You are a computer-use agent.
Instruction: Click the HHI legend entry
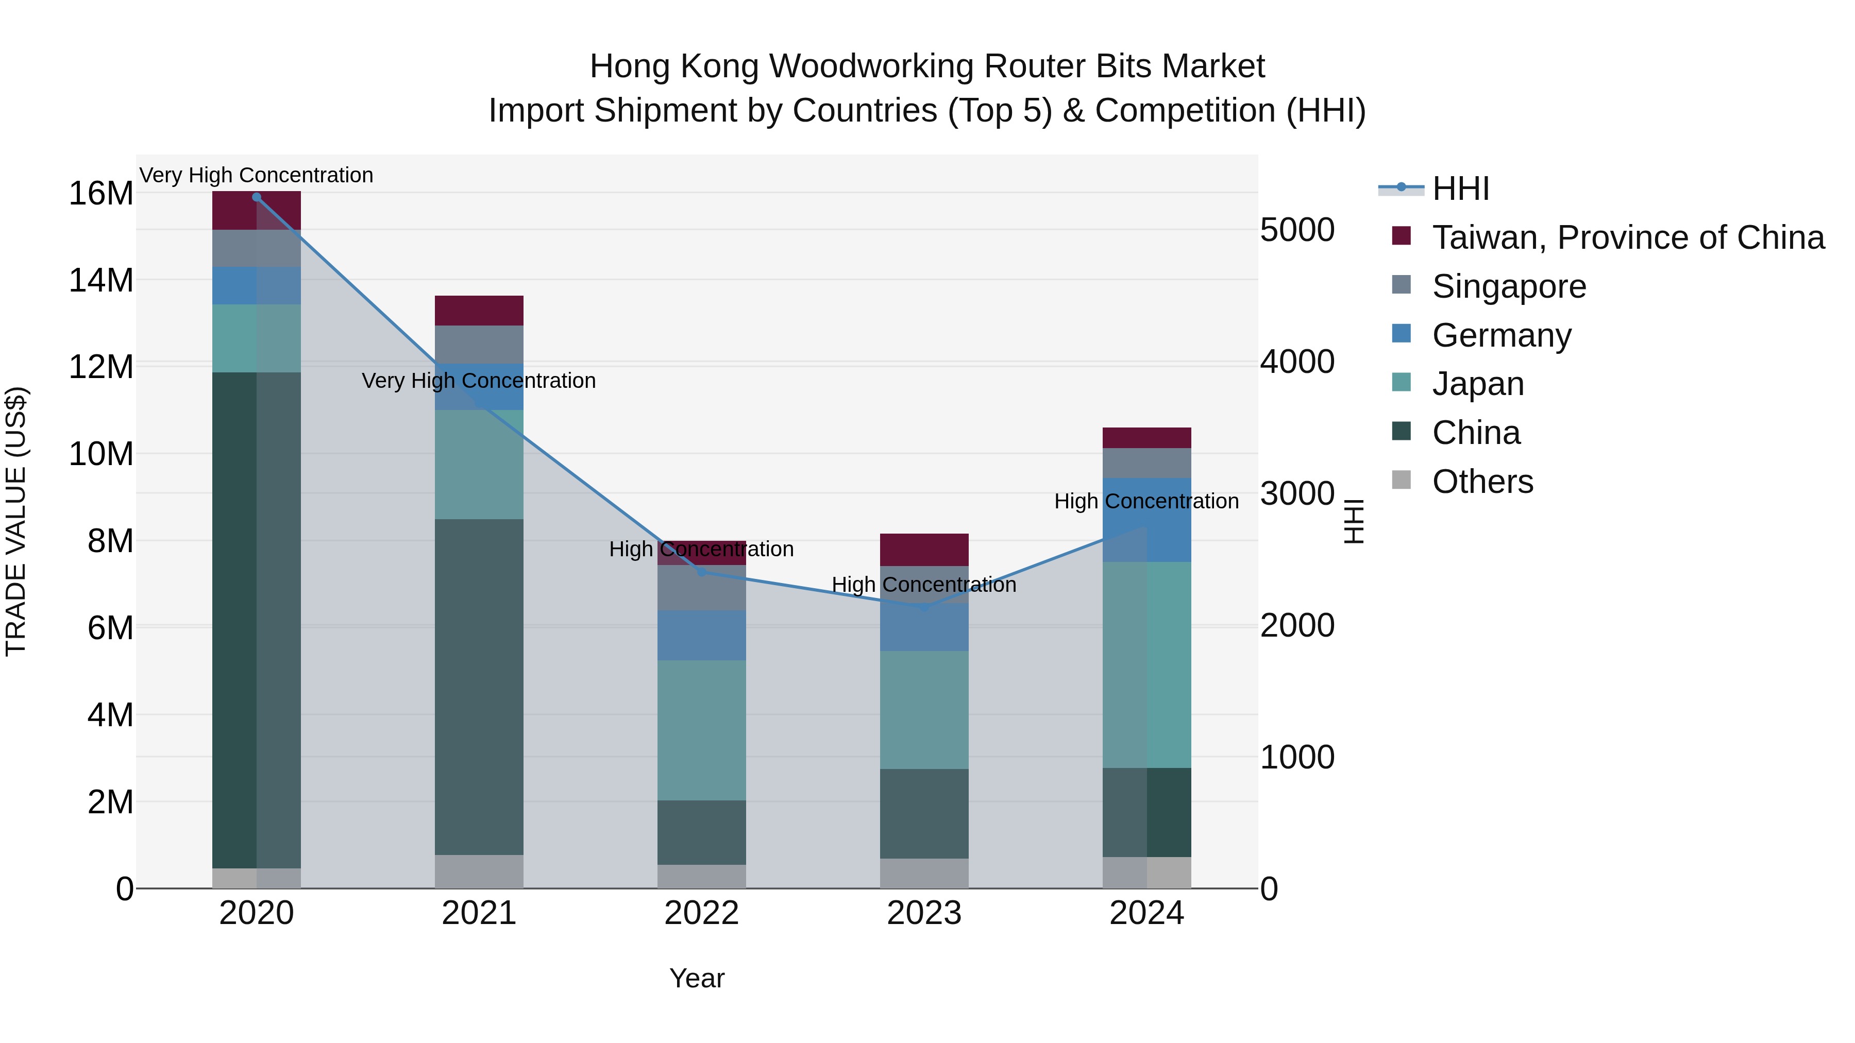click(1460, 189)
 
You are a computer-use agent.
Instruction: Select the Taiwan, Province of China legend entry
click(1627, 237)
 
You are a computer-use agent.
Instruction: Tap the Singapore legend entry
click(1509, 286)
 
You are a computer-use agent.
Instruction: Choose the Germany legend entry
click(1502, 335)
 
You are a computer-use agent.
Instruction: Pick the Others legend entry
click(1482, 482)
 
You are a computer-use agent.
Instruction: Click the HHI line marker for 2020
click(257, 197)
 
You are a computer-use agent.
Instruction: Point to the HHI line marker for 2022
click(701, 572)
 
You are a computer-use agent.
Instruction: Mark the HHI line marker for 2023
click(924, 607)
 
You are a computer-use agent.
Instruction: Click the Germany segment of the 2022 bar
click(701, 635)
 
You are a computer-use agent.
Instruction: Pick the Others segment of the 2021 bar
click(479, 871)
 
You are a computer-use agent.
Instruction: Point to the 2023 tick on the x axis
click(924, 913)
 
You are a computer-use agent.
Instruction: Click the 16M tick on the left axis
click(101, 194)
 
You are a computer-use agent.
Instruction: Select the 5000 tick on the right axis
click(1297, 230)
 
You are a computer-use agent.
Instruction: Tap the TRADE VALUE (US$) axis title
click(16, 521)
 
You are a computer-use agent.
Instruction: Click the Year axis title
click(696, 978)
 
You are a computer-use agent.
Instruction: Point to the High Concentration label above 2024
click(1146, 501)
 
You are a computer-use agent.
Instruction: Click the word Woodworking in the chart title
click(871, 66)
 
